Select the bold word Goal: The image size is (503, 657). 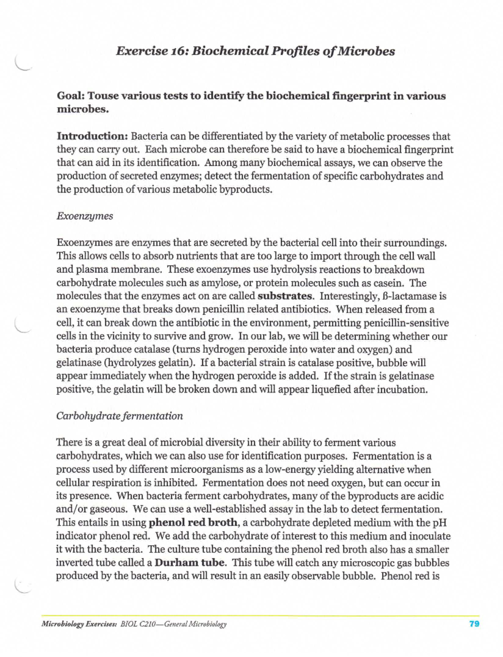[x=71, y=96]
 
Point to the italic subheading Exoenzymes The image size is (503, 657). [x=85, y=216]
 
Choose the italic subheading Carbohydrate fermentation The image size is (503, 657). [x=119, y=416]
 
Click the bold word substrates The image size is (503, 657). [x=285, y=296]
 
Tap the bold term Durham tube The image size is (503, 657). [x=191, y=563]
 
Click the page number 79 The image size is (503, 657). [x=474, y=624]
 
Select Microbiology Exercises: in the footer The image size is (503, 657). [x=79, y=624]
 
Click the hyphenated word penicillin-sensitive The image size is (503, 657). [x=404, y=323]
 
